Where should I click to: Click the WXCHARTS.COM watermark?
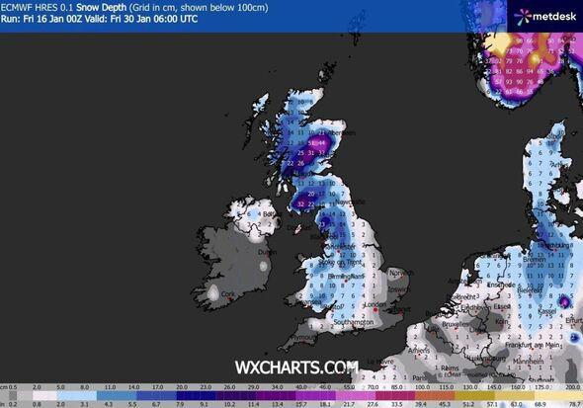click(x=295, y=367)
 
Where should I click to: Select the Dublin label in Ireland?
click(x=264, y=252)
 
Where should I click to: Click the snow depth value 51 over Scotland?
click(x=313, y=143)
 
